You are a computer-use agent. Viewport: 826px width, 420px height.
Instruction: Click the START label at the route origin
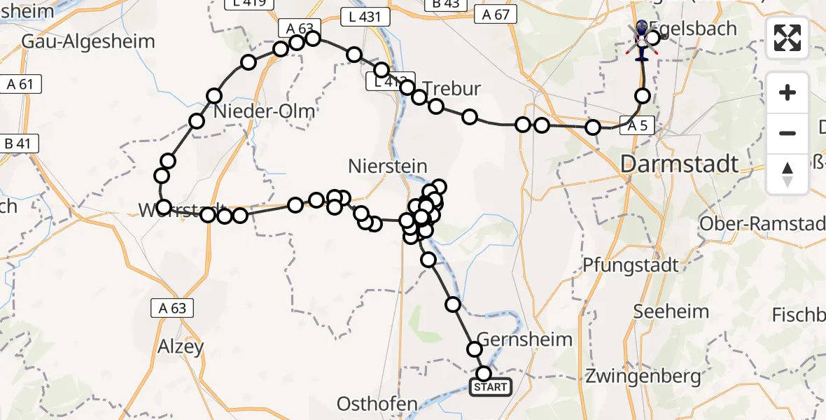pyautogui.click(x=491, y=387)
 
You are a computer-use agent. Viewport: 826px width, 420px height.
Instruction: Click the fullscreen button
pyautogui.click(x=787, y=38)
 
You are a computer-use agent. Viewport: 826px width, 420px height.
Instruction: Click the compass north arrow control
pyautogui.click(x=787, y=174)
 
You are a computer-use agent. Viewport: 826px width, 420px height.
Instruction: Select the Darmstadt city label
pyautogui.click(x=679, y=164)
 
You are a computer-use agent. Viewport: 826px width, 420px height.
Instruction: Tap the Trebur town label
pyautogui.click(x=452, y=89)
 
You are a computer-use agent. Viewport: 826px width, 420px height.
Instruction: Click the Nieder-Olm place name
pyautogui.click(x=264, y=111)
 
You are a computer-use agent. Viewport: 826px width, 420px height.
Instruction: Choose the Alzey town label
pyautogui.click(x=180, y=346)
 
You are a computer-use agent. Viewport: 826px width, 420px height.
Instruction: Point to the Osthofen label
pyautogui.click(x=378, y=404)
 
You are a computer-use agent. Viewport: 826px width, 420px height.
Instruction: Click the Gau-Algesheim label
pyautogui.click(x=88, y=41)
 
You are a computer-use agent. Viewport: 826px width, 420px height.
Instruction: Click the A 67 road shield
pyautogui.click(x=495, y=14)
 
